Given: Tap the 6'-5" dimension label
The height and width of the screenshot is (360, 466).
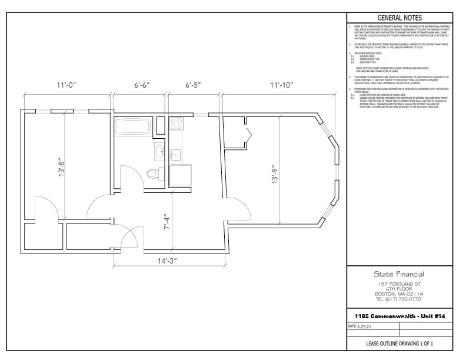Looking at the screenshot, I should (x=193, y=85).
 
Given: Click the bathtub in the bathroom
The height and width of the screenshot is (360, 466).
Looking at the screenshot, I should (x=133, y=125).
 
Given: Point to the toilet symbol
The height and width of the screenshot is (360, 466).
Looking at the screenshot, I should (x=154, y=174).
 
